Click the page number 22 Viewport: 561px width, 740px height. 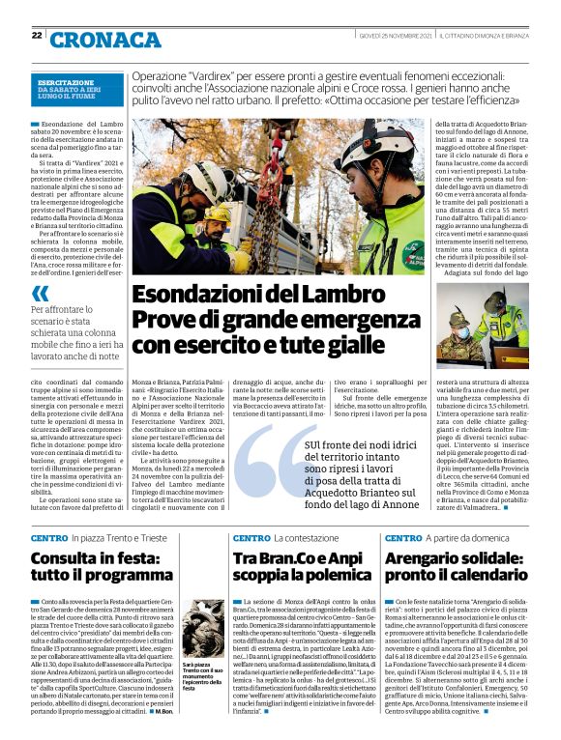(36, 36)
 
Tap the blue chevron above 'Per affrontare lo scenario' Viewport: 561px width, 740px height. (40, 293)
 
